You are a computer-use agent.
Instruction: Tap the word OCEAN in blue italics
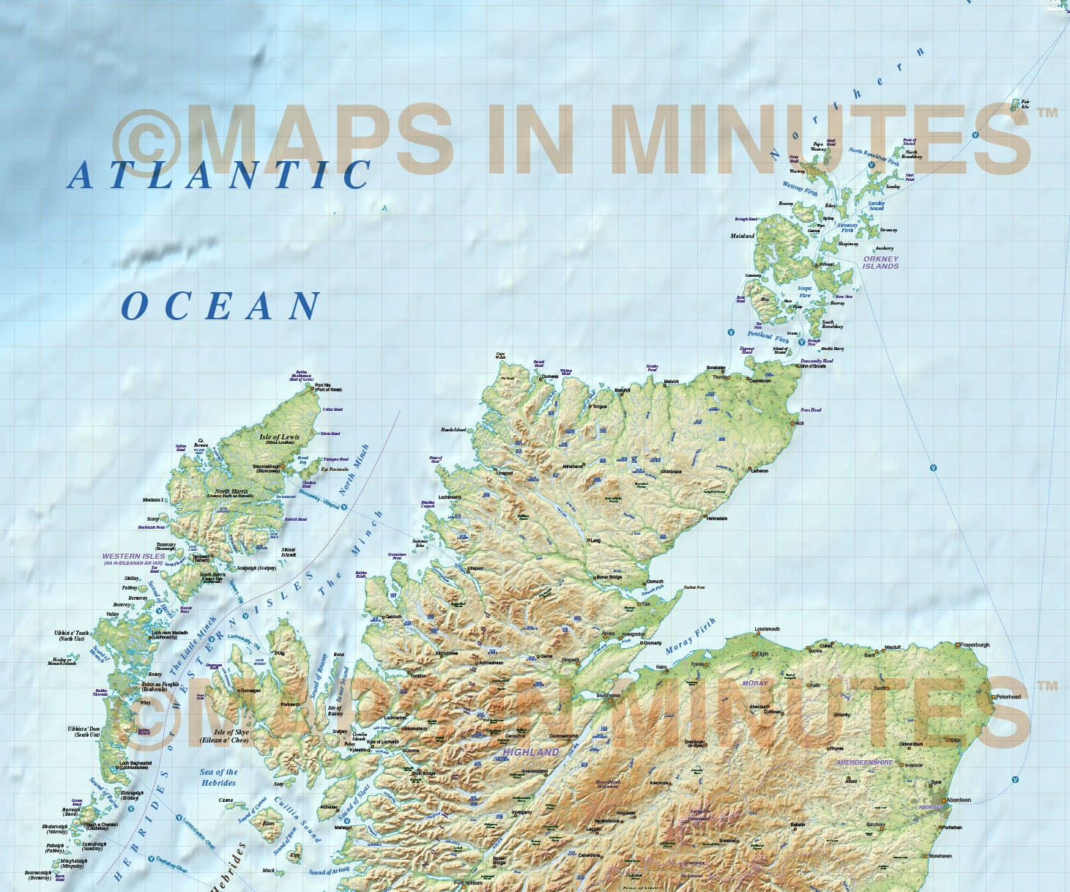[220, 306]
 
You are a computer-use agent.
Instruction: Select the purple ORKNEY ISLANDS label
[880, 262]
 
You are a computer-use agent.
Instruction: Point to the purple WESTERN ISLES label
[134, 557]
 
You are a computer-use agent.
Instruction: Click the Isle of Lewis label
[279, 437]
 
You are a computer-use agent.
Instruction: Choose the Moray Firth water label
[690, 636]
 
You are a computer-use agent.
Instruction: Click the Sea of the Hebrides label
[218, 777]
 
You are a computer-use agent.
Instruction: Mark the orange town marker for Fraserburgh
[957, 645]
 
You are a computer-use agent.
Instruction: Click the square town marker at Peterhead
[993, 696]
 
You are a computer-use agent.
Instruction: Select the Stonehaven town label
[940, 856]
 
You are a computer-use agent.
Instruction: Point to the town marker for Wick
[792, 423]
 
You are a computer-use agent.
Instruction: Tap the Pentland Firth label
[768, 336]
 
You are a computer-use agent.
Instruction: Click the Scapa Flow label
[804, 291]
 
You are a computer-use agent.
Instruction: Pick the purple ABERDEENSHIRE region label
[864, 762]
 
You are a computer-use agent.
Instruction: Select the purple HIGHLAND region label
[531, 752]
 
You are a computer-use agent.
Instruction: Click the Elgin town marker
[753, 653]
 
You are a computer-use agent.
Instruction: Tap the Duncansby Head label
[817, 360]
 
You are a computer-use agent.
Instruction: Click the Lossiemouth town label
[768, 629]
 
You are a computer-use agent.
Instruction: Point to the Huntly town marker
[835, 714]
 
